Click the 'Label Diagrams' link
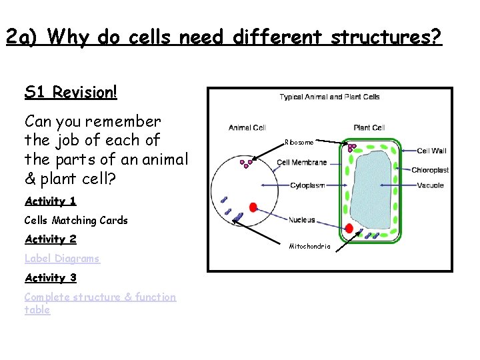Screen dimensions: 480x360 pyautogui.click(x=62, y=259)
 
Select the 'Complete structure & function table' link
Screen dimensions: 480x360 pyautogui.click(x=100, y=297)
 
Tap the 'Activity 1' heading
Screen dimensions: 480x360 pyautogui.click(x=51, y=201)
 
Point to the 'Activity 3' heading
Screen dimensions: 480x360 pyautogui.click(x=51, y=277)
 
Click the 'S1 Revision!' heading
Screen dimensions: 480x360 pyautogui.click(x=71, y=92)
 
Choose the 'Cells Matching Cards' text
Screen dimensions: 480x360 pyautogui.click(x=76, y=220)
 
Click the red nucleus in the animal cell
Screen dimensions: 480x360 pyautogui.click(x=253, y=207)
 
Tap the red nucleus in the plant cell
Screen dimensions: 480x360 pyautogui.click(x=349, y=229)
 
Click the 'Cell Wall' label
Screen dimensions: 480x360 pyautogui.click(x=431, y=151)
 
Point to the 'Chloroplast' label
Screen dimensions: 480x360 pyautogui.click(x=430, y=170)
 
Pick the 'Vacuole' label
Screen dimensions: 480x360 pyautogui.click(x=430, y=185)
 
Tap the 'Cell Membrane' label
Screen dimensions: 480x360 pyautogui.click(x=302, y=162)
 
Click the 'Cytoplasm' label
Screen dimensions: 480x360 pyautogui.click(x=307, y=185)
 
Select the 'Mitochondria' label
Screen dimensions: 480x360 pyautogui.click(x=309, y=247)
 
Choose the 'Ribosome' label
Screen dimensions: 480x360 pyautogui.click(x=298, y=142)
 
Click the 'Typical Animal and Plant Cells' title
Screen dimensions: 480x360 pyautogui.click(x=329, y=97)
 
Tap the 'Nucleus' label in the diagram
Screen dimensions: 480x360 pyautogui.click(x=301, y=219)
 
